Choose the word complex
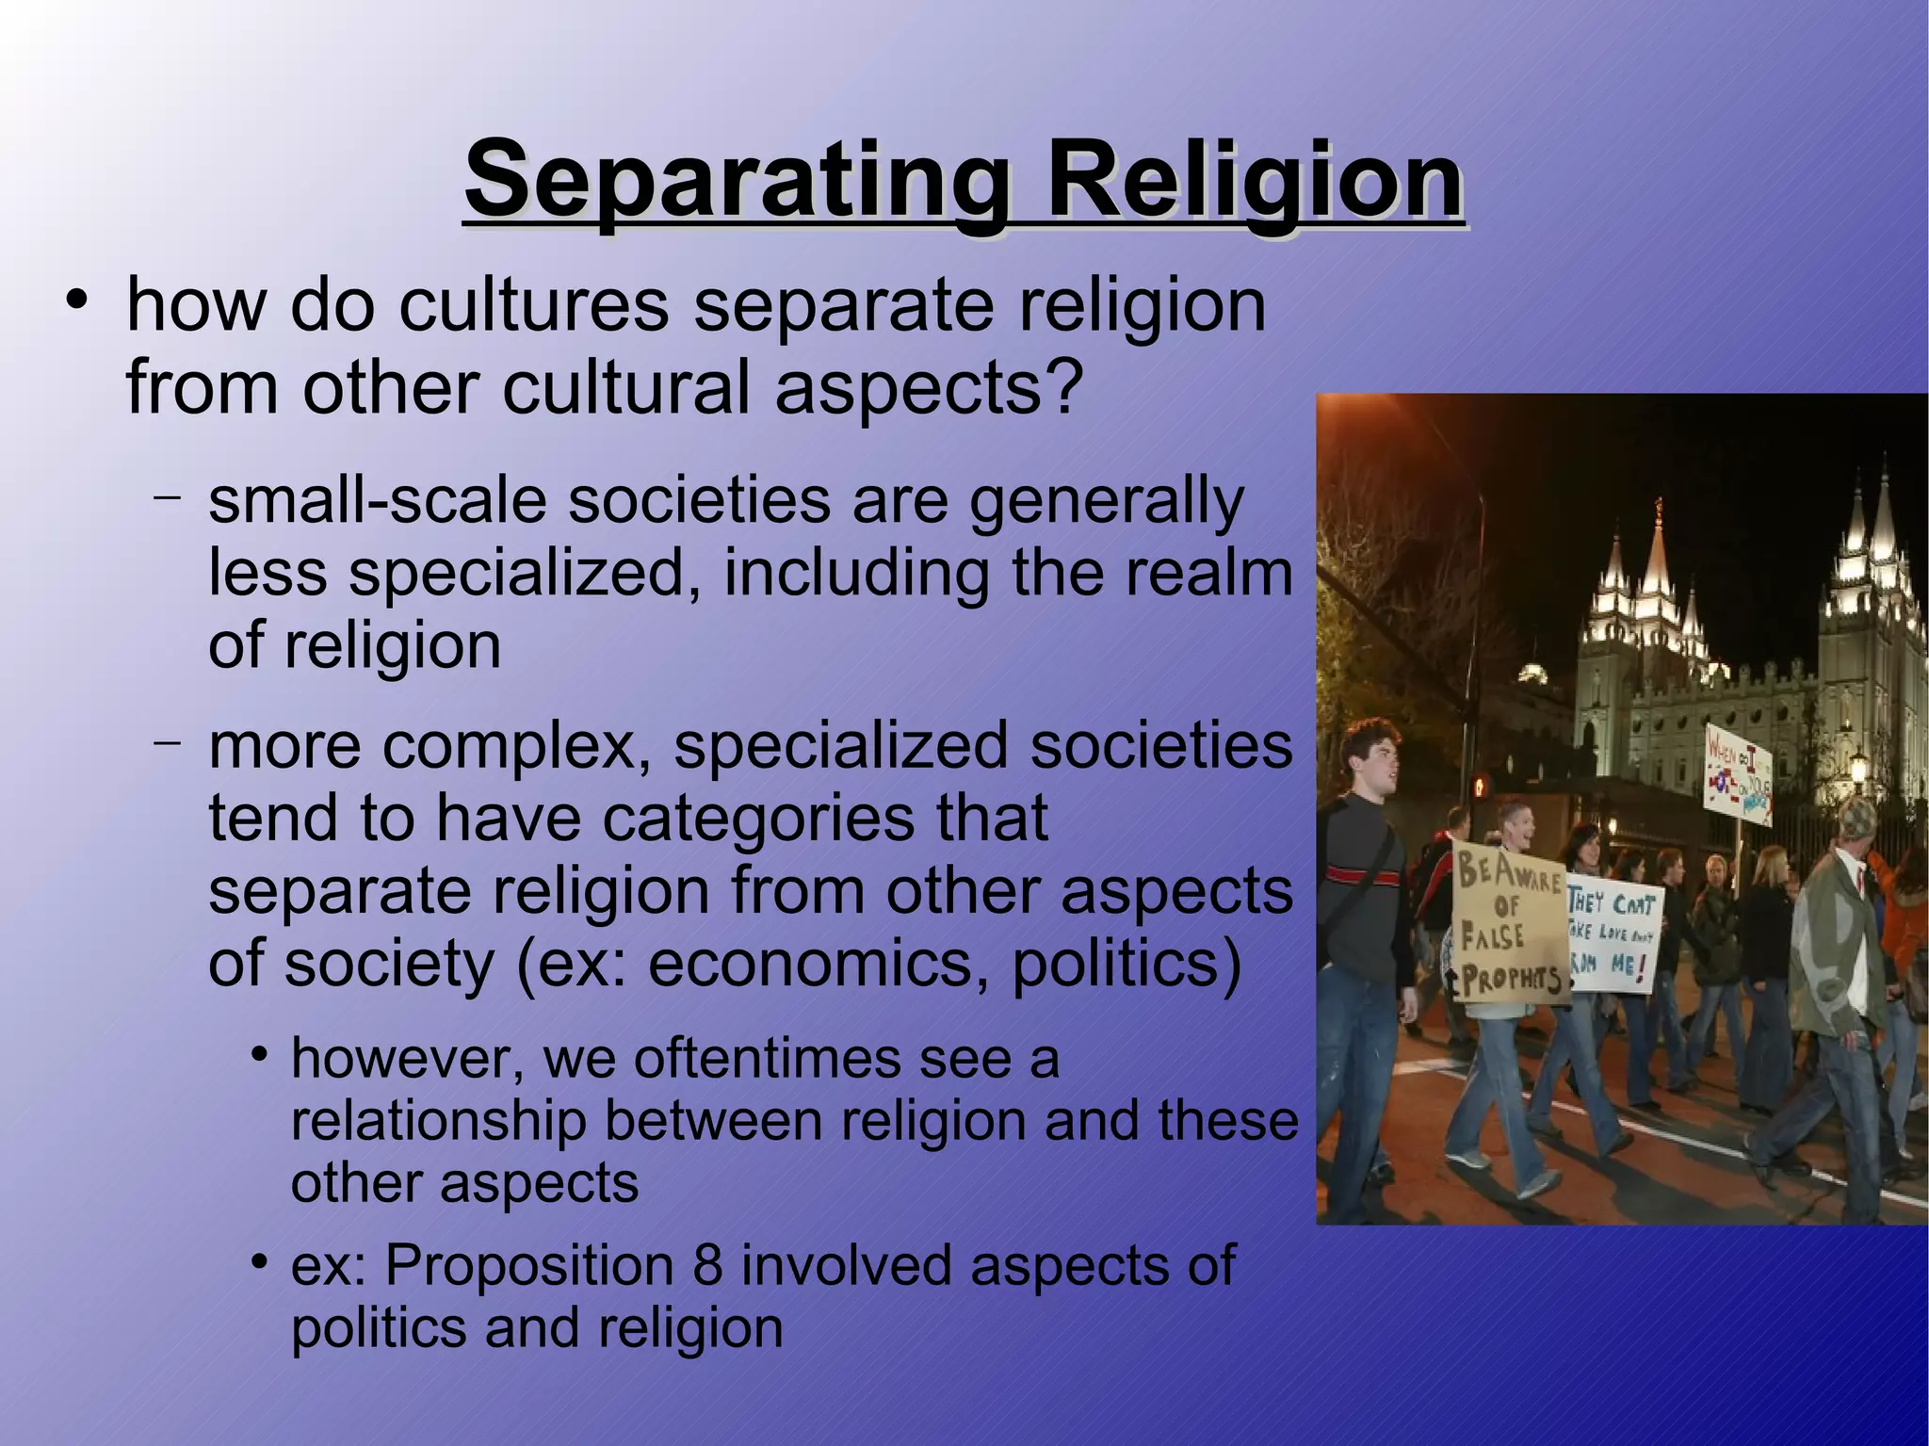pyautogui.click(x=510, y=745)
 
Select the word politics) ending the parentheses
pyautogui.click(x=1127, y=964)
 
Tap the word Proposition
pyautogui.click(x=528, y=1265)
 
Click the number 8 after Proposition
pyautogui.click(x=707, y=1265)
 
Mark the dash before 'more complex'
pyautogui.click(x=167, y=742)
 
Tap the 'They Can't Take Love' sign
pyautogui.click(x=1613, y=937)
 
